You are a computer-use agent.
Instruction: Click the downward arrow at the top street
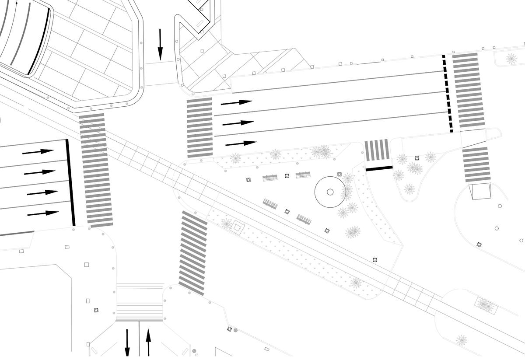pos(160,44)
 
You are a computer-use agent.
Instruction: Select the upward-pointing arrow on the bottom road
pos(148,342)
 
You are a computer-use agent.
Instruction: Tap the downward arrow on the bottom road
pos(127,343)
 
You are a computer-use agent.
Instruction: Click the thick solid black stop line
pos(70,182)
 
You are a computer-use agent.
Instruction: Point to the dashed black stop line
pos(448,94)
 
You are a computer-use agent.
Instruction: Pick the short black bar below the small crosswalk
pos(379,168)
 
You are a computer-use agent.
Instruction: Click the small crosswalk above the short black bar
pos(377,150)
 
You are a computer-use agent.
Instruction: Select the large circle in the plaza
pos(330,192)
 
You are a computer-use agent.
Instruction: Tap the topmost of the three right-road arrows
pos(236,103)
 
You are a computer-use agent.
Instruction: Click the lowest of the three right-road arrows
pos(241,143)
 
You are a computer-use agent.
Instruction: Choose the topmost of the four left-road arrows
pos(38,152)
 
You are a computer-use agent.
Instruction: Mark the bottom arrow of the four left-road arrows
pos(43,213)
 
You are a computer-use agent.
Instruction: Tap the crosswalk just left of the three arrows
pos(200,127)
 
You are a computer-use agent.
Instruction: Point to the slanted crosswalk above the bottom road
pos(193,253)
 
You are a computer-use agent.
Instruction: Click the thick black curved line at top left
pos(39,42)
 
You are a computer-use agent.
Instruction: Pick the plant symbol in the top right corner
pos(511,58)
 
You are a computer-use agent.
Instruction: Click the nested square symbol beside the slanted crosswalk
pos(237,227)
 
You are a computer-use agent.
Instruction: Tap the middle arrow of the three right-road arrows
pos(238,123)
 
